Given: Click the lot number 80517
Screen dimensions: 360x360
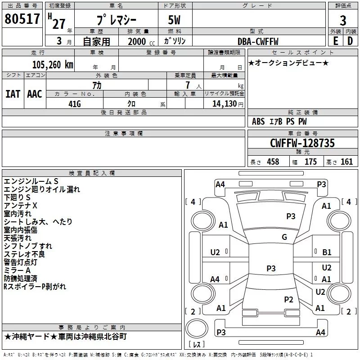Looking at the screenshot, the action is [22, 19].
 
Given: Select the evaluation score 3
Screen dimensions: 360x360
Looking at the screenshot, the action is [343, 20].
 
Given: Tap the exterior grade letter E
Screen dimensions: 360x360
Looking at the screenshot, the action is [335, 40].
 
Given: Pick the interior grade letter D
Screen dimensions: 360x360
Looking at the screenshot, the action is [350, 40].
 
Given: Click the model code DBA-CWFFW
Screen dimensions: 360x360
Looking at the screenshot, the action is [258, 41].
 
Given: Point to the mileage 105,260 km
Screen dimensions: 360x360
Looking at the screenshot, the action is [52, 64].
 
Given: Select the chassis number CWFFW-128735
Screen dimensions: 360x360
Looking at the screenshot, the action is [302, 143].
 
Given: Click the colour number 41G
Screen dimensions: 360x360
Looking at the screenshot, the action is [74, 103].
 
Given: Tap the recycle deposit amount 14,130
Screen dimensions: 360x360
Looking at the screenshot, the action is [224, 103].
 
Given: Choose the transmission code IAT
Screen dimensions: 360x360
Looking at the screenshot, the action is [13, 94].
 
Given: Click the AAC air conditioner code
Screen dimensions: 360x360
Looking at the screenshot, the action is [34, 94].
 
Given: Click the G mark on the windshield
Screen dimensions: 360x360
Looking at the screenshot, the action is [284, 237].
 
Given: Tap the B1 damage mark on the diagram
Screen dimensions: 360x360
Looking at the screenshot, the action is [327, 252].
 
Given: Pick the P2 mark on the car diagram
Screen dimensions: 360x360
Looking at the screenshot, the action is [288, 300].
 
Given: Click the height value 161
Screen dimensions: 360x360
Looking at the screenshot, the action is [346, 162].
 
